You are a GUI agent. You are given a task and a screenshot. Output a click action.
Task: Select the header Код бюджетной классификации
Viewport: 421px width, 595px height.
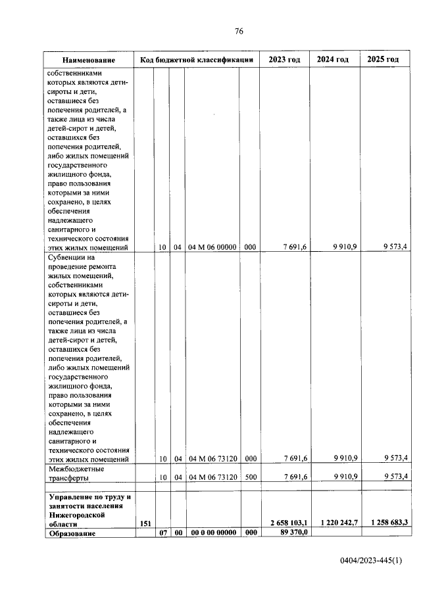[x=197, y=60]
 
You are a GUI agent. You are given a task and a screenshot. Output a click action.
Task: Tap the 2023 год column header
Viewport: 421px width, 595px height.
[x=284, y=60]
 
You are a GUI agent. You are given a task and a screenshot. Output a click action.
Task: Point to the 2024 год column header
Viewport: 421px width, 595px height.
[x=333, y=60]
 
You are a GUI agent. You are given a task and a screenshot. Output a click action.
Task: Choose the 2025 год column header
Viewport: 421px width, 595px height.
[x=383, y=60]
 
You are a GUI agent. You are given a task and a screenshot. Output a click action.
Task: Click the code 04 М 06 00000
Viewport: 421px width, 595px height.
[x=211, y=247]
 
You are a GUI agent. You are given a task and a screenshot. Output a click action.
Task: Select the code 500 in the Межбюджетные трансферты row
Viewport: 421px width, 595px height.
[x=249, y=476]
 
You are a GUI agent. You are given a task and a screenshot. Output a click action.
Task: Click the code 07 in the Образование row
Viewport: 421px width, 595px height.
[x=161, y=533]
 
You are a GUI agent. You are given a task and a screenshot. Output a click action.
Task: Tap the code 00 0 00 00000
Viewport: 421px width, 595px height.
[x=211, y=533]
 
